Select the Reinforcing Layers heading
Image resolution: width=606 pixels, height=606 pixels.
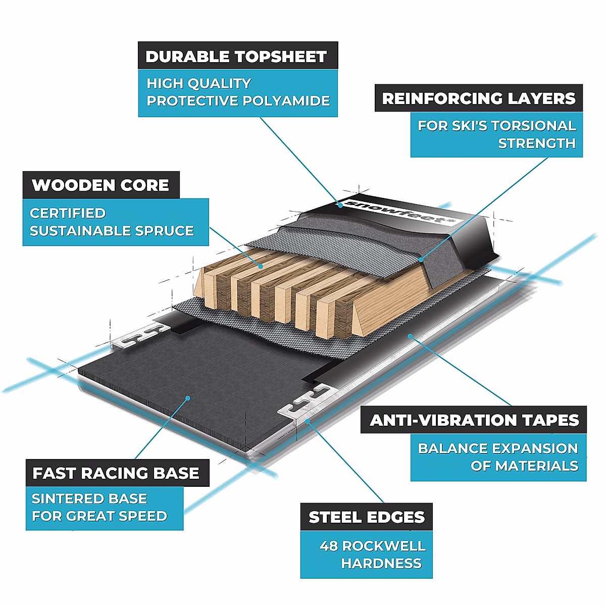coord(478,98)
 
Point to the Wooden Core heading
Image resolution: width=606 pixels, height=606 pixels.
coord(100,185)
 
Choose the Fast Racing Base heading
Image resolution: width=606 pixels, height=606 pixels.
coord(116,473)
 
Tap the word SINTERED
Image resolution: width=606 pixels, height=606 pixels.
coord(63,499)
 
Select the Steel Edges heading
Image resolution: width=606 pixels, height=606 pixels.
coord(367,518)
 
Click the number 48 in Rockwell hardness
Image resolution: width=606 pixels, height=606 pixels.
coord(329,546)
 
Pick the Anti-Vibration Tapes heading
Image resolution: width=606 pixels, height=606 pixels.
coord(474,421)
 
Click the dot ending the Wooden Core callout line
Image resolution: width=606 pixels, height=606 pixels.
coord(261,266)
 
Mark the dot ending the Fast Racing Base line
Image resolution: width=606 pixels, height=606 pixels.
coord(187,398)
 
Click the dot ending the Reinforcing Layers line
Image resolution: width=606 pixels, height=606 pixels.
coord(422,260)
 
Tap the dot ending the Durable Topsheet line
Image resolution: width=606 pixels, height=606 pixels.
coord(339,205)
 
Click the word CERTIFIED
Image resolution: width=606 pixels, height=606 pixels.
coord(68,213)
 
